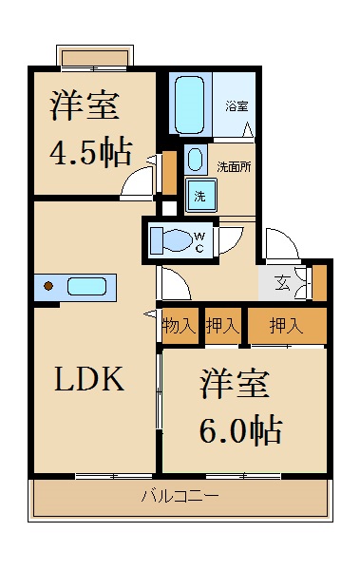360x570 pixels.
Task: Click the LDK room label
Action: click(88, 380)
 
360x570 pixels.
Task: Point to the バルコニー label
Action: click(180, 496)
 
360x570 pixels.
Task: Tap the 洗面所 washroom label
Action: click(234, 166)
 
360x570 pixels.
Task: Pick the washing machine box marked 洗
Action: click(199, 196)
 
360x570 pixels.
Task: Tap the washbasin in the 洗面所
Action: click(195, 159)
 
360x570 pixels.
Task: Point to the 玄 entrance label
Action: click(283, 282)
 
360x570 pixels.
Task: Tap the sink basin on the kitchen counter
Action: click(86, 286)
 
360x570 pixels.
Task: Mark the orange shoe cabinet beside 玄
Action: click(319, 282)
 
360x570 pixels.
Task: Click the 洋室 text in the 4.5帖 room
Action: click(85, 105)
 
